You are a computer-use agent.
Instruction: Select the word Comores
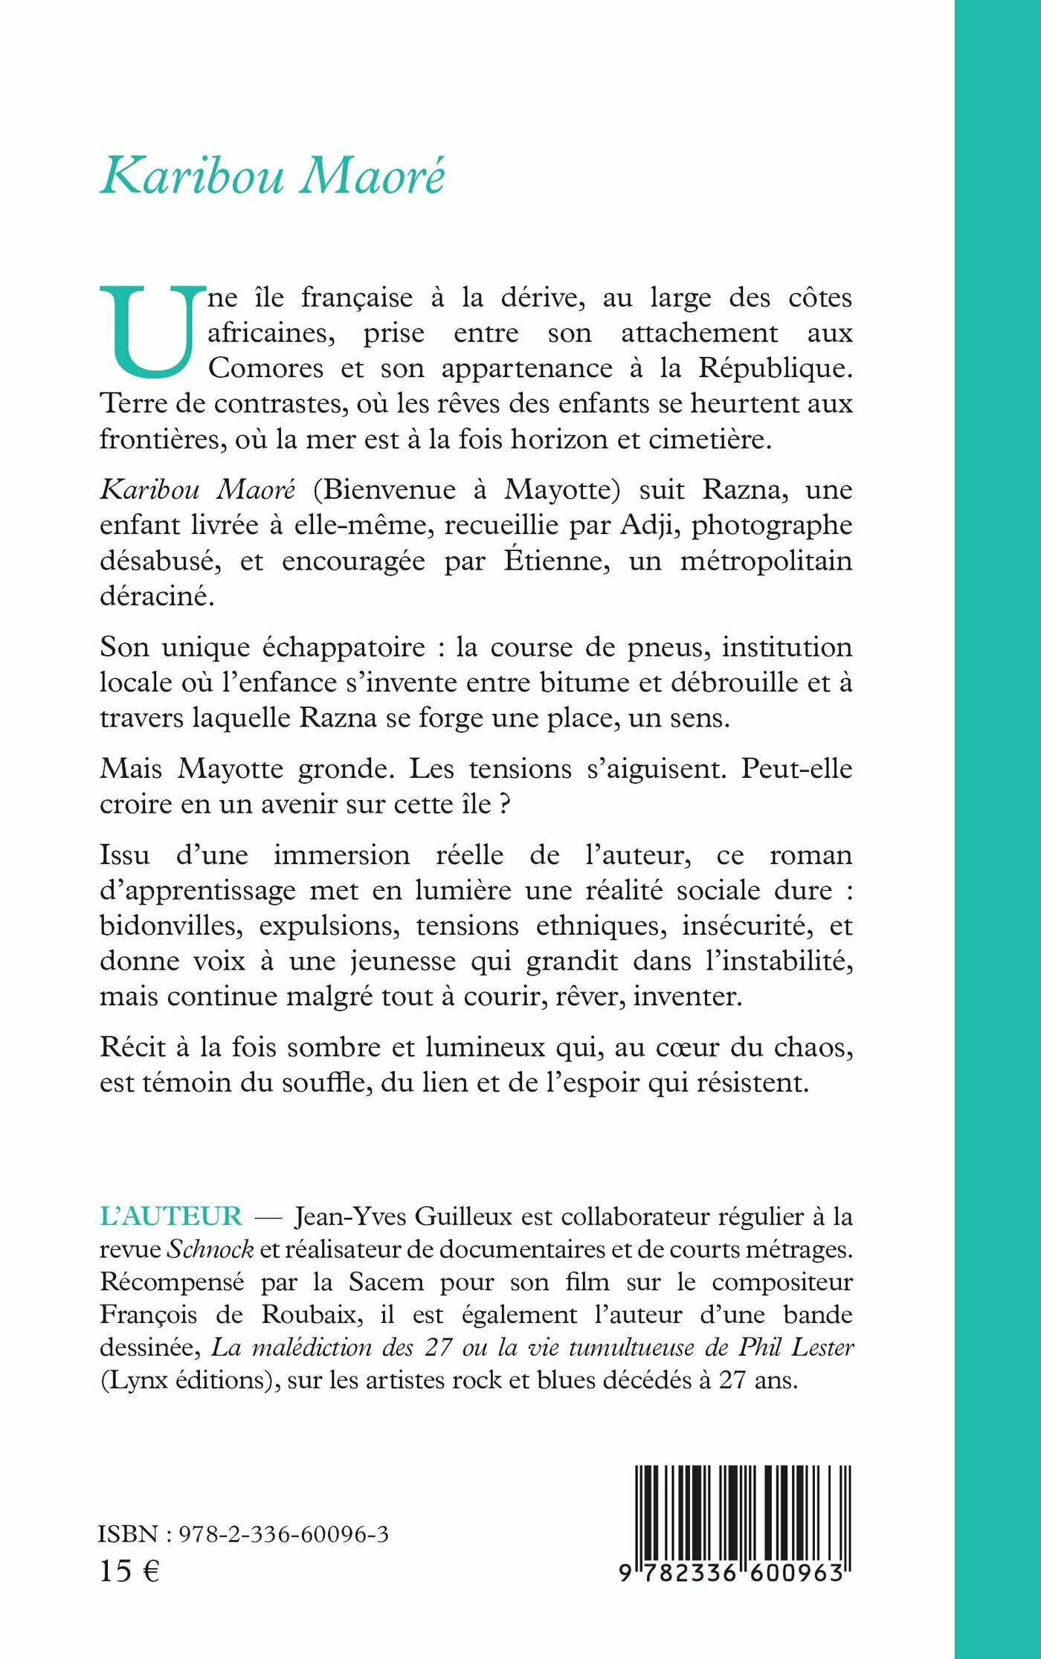[x=265, y=368]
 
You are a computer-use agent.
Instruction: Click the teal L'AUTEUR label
[x=171, y=1217]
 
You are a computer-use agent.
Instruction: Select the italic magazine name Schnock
[x=210, y=1249]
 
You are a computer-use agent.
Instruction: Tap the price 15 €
[x=129, y=1571]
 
